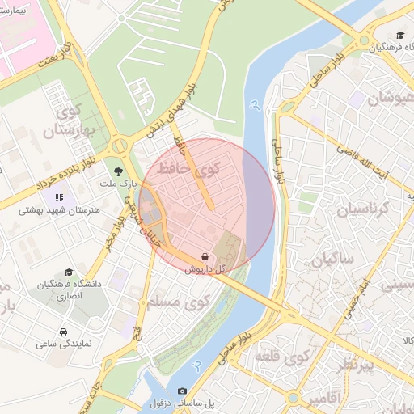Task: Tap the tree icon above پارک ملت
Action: [x=120, y=171]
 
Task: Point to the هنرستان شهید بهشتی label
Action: [x=57, y=210]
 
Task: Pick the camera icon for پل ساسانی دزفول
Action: [x=181, y=391]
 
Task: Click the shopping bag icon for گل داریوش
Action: [x=204, y=256]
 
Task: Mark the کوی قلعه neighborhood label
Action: [x=284, y=356]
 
